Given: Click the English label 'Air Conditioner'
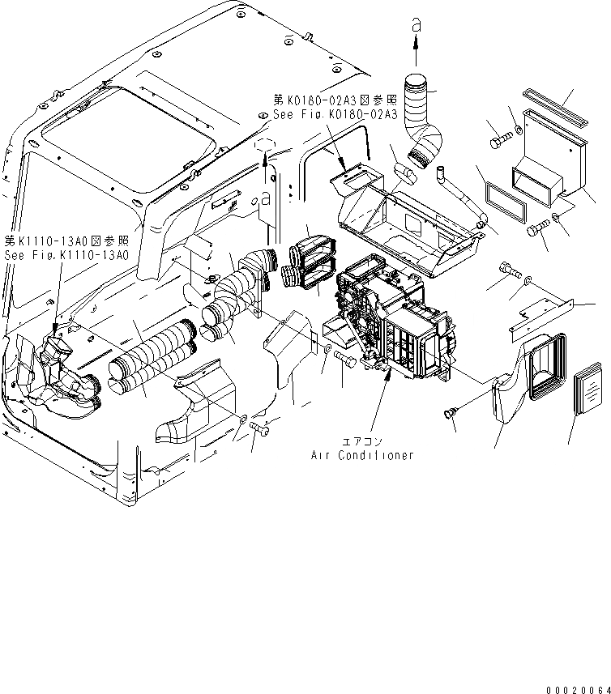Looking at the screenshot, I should point(362,455).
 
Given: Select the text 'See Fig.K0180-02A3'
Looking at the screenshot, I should point(335,115).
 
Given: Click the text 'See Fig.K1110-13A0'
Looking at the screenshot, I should point(66,254).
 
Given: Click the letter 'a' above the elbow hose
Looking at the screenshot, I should point(417,26).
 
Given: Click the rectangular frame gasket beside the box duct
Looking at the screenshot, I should point(504,201).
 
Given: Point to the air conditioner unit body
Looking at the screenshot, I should point(397,324).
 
